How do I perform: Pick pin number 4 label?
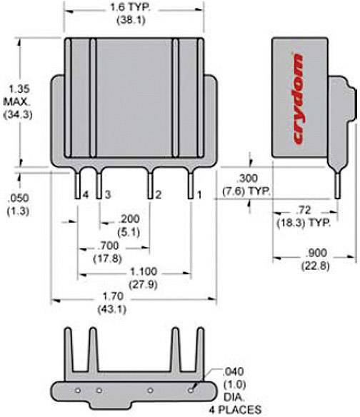(x=84, y=194)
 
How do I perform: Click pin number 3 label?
(x=106, y=194)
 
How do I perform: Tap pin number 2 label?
(x=159, y=194)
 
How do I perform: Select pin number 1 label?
(x=201, y=194)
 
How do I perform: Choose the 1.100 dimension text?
(x=144, y=272)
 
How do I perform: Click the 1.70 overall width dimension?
(x=114, y=298)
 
